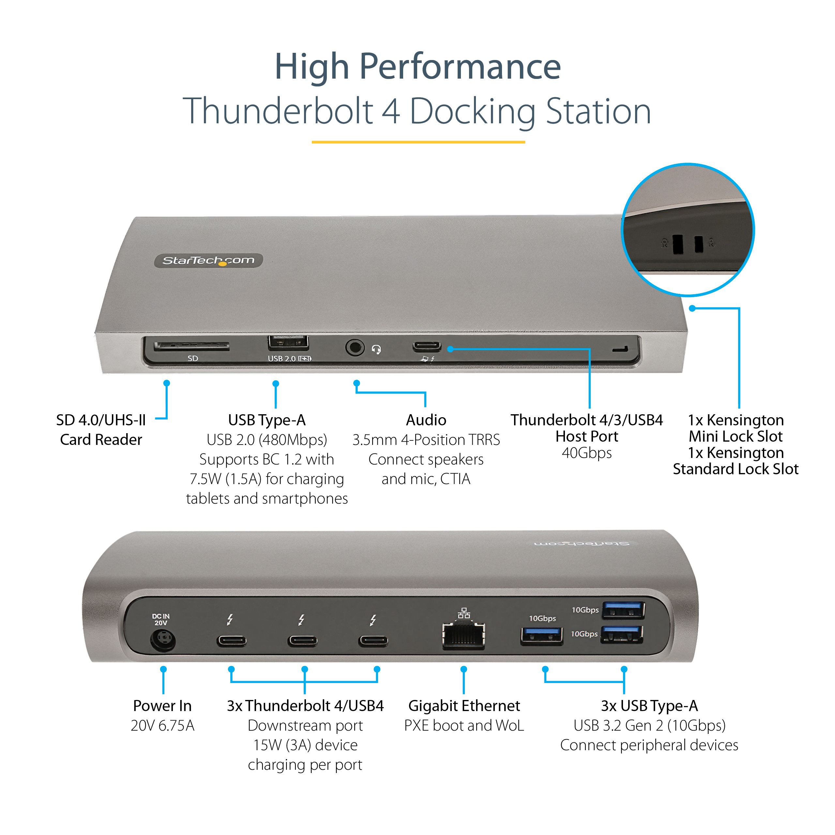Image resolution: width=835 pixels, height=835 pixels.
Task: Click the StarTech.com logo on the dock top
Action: [208, 260]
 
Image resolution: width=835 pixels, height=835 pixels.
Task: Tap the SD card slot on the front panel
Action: [191, 346]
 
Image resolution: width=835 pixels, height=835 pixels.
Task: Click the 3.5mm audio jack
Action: [355, 347]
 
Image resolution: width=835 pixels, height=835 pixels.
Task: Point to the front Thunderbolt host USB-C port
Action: [427, 347]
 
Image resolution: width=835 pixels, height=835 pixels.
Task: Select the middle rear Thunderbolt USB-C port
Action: [303, 641]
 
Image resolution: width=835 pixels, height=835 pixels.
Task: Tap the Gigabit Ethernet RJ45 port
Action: [463, 636]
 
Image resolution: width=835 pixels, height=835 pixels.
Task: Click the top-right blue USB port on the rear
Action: [623, 611]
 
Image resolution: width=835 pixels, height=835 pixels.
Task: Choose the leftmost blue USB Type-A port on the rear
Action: [541, 636]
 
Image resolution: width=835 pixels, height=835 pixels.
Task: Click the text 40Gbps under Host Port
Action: [586, 453]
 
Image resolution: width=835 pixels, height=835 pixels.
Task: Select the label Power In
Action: [162, 706]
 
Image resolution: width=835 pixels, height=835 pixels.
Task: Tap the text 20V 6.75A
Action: [162, 726]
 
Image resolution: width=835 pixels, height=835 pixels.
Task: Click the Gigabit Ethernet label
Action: [464, 706]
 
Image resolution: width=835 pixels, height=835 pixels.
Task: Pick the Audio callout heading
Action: [426, 420]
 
